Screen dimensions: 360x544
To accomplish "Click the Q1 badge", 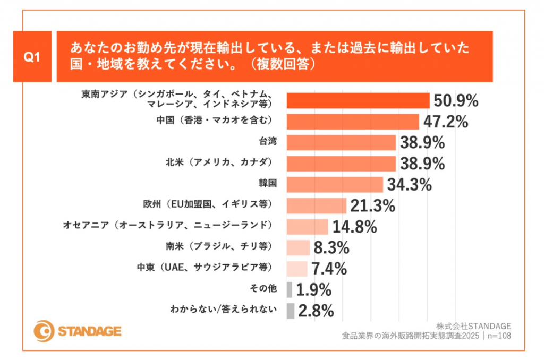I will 32,56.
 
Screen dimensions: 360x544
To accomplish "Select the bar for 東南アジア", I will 358,100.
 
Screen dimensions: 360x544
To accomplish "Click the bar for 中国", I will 353,122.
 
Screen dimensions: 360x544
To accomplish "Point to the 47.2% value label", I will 445,122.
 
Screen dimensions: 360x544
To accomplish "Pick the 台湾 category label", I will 268,142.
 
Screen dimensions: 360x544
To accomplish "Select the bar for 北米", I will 341,163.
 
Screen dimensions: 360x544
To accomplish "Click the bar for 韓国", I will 335,184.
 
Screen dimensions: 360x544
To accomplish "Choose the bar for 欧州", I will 317,205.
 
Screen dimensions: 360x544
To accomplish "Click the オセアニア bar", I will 308,227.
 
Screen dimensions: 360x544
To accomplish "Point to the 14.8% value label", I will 354,227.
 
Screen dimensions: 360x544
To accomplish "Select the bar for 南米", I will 298,247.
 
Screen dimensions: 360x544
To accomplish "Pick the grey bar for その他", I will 289,289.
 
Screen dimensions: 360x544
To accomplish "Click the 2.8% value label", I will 316,311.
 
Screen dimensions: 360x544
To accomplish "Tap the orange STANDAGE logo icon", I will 43,331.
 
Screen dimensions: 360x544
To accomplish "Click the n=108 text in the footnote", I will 499,336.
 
